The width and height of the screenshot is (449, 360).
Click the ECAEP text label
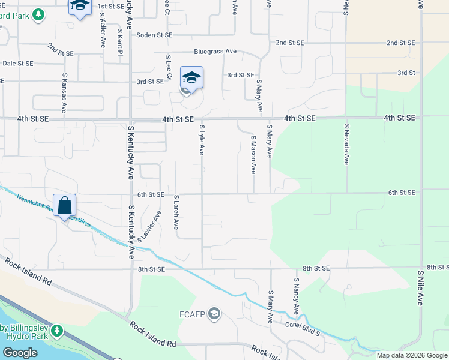pyautogui.click(x=193, y=314)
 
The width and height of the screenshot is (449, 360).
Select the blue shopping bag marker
pyautogui.click(x=65, y=206)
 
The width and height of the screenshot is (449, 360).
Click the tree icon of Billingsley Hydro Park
pyautogui.click(x=57, y=331)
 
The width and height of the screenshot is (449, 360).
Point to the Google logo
pyautogui.click(x=19, y=353)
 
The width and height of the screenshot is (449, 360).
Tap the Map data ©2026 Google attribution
pyautogui.click(x=411, y=355)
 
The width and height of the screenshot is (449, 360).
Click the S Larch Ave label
pyautogui.click(x=176, y=212)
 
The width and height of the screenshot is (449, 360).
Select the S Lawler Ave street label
pyautogui.click(x=149, y=227)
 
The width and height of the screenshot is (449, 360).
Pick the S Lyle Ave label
pyautogui.click(x=202, y=140)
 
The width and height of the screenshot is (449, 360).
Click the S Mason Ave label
pyautogui.click(x=253, y=154)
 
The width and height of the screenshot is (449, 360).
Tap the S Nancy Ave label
pyautogui.click(x=296, y=296)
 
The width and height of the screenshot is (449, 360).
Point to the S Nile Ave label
pyautogui.click(x=420, y=287)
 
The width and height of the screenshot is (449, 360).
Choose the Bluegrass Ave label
pyautogui.click(x=214, y=52)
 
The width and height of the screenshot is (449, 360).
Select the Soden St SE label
pyautogui.click(x=154, y=35)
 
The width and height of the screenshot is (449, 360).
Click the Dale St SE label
pyautogui.click(x=17, y=63)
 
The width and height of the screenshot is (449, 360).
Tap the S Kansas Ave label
pyautogui.click(x=64, y=94)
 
